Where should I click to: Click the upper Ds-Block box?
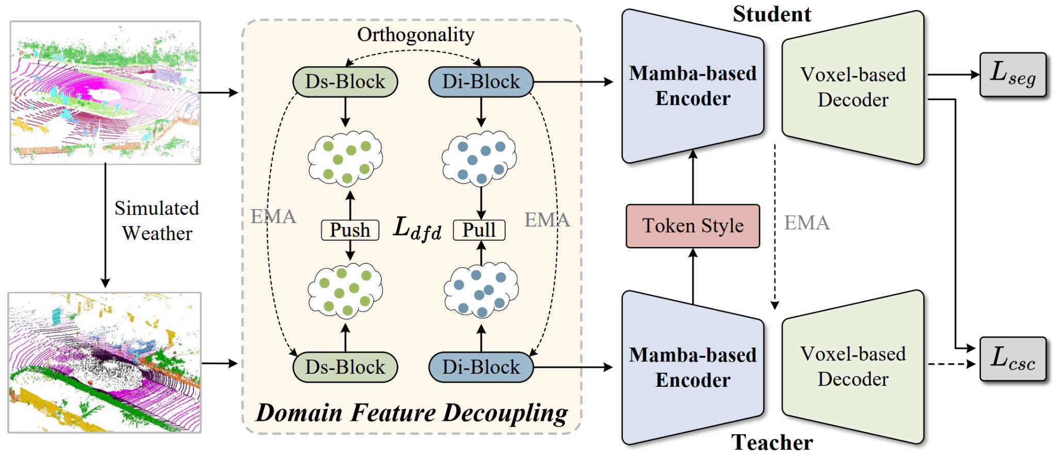[345, 82]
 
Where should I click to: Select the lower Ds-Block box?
[345, 367]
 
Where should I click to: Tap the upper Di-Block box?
[481, 82]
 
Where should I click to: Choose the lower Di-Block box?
[481, 367]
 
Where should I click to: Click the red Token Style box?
[693, 226]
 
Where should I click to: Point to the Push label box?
[350, 230]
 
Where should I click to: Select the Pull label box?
[479, 230]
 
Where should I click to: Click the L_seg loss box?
[1013, 75]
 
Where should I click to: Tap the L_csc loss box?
[1013, 359]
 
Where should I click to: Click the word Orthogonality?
[415, 35]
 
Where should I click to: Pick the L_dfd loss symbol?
[417, 228]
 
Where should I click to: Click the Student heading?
[772, 14]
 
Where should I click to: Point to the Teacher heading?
[772, 443]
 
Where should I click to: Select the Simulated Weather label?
[157, 221]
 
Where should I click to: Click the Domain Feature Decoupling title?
[411, 413]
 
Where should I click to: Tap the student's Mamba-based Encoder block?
[693, 86]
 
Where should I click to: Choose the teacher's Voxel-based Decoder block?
[853, 367]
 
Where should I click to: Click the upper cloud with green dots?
[345, 158]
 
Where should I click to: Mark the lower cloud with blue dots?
[481, 290]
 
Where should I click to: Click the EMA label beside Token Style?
[807, 223]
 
